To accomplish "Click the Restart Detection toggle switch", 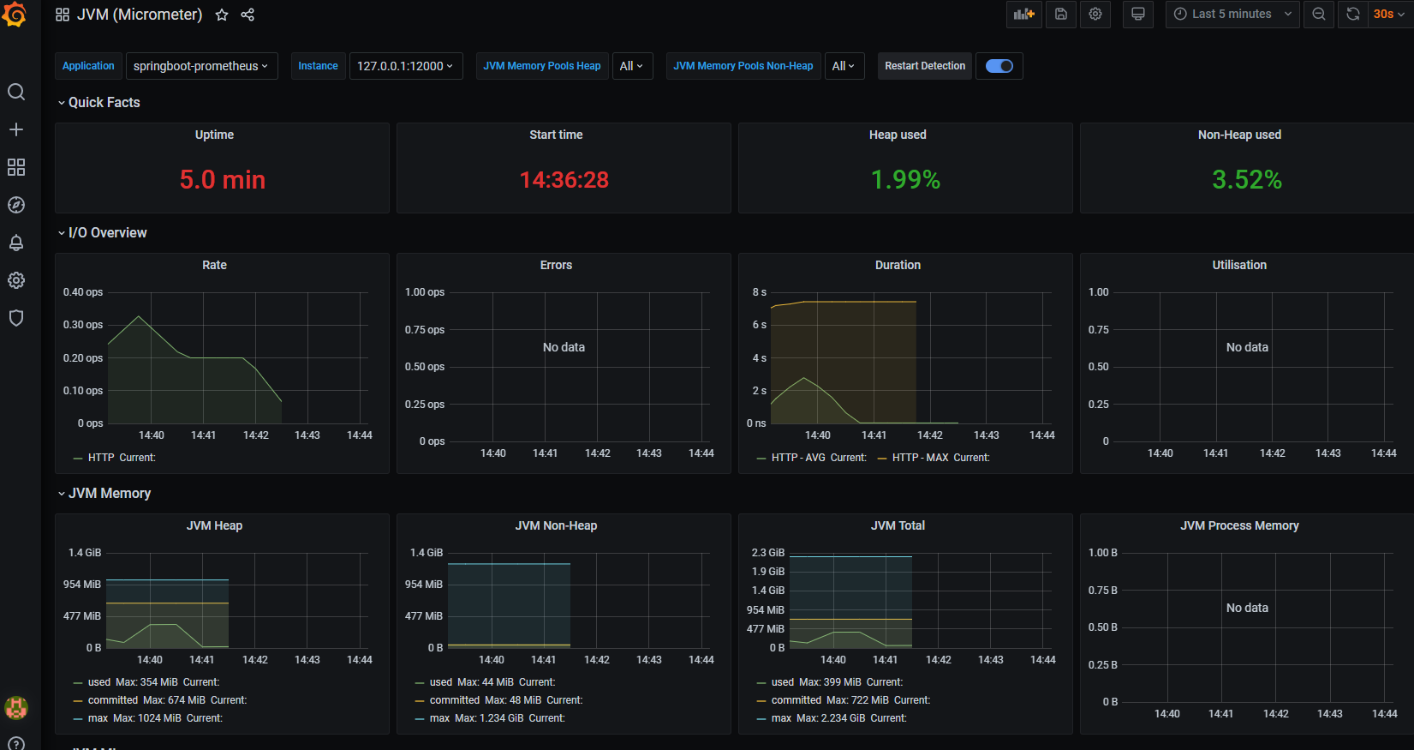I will click(x=999, y=66).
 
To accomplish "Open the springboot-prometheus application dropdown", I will click(x=201, y=66).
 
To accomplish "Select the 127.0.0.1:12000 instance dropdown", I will click(x=405, y=66).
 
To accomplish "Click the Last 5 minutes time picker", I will click(x=1232, y=14).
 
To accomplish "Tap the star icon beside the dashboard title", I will click(x=222, y=15).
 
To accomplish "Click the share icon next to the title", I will click(x=248, y=15).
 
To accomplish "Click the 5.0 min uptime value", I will click(x=223, y=180).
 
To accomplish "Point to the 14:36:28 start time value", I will click(x=564, y=180).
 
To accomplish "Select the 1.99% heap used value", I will click(x=905, y=180).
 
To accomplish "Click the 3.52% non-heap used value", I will click(x=1246, y=180).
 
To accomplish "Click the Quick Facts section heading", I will click(x=104, y=102).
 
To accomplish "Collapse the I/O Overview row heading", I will click(x=107, y=232).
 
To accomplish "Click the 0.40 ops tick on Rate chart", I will click(x=83, y=292).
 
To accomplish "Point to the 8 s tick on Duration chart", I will click(x=759, y=292).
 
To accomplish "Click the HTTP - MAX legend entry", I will click(x=920, y=458).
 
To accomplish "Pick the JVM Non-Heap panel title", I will click(x=556, y=525).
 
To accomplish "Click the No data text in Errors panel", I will click(x=564, y=347).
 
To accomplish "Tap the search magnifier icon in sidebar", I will click(x=16, y=92).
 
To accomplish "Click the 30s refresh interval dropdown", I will click(x=1388, y=14).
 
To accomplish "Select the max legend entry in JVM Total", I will click(x=781, y=718).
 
